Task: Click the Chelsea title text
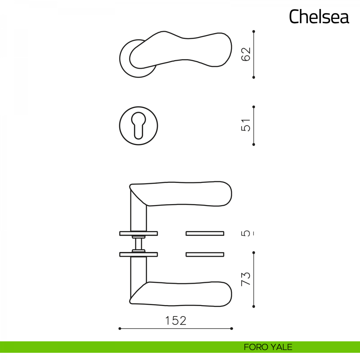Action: [x=319, y=16]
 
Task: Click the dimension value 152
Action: [x=176, y=321]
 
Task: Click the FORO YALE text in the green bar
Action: [x=268, y=347]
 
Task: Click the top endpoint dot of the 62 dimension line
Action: [x=253, y=31]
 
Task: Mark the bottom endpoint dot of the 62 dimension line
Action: [x=253, y=77]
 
